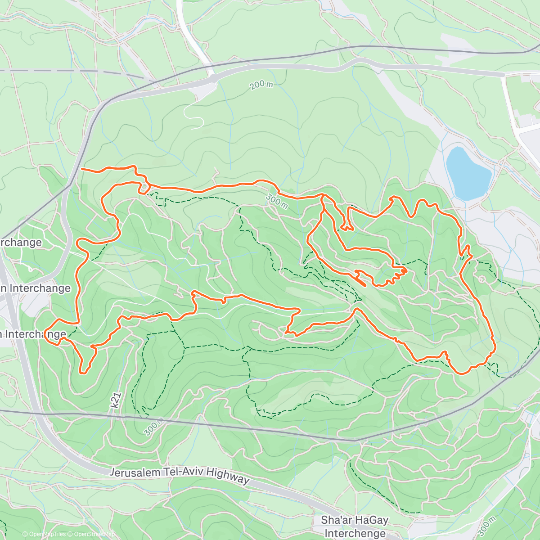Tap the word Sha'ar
click(x=336, y=521)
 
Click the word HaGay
click(x=371, y=521)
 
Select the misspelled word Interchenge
click(x=355, y=533)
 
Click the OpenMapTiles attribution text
click(x=44, y=534)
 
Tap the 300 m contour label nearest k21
click(x=153, y=428)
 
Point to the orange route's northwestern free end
click(x=82, y=169)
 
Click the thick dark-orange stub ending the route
click(x=361, y=281)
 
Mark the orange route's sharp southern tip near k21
click(x=82, y=372)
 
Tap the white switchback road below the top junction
click(x=194, y=112)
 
